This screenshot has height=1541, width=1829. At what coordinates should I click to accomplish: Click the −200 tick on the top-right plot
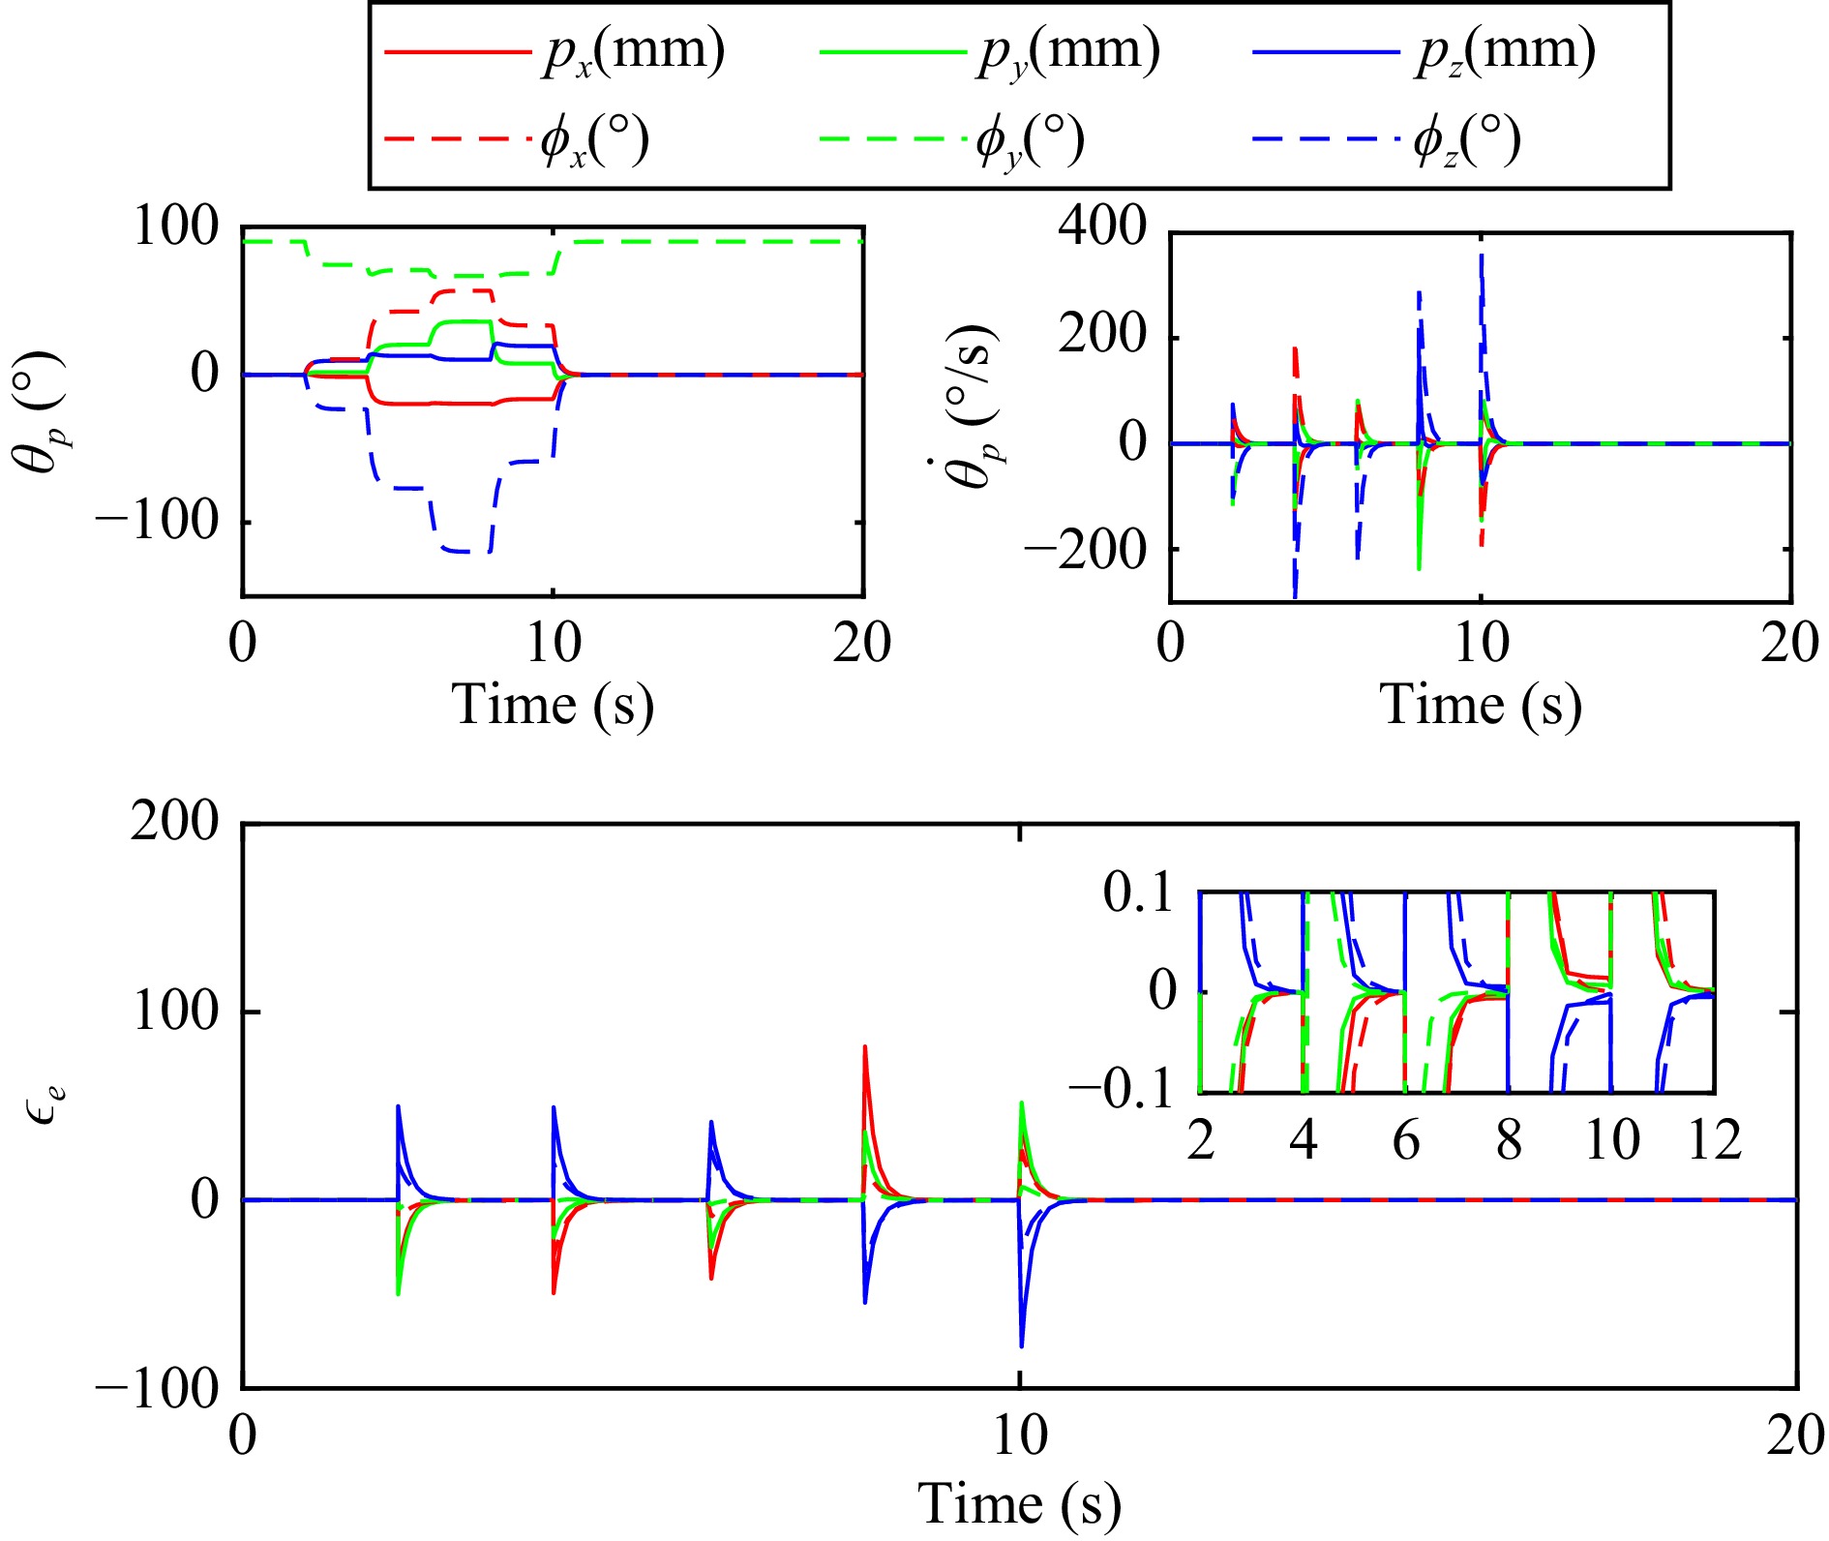[x=1085, y=550]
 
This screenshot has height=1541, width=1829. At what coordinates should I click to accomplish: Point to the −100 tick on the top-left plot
[x=159, y=523]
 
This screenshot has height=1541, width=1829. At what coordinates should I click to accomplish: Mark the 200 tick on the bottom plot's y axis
[x=175, y=823]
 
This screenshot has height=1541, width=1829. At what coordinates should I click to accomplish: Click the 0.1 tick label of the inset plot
[x=1138, y=892]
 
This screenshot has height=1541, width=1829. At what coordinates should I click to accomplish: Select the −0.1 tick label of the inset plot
[x=1122, y=1091]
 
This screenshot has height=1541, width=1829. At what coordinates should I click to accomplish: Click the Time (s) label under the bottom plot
[x=1019, y=1504]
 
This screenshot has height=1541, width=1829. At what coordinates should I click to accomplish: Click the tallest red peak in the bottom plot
[x=864, y=1047]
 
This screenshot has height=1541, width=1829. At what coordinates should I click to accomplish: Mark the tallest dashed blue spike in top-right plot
[x=1481, y=256]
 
